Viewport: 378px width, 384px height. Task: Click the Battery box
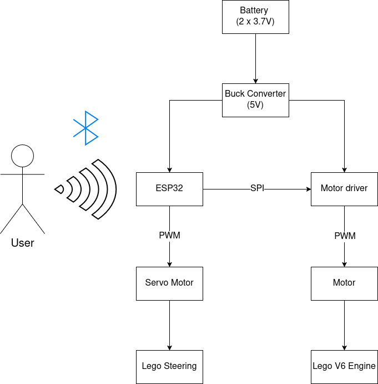255,17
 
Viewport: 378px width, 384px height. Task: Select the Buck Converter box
255,100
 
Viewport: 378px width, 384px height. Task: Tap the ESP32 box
169,188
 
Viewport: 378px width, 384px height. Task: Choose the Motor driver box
344,188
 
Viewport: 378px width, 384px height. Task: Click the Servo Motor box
169,283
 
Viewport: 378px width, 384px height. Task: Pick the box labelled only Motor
344,283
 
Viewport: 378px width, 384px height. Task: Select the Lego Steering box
169,366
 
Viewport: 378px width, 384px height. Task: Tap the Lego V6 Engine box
344,366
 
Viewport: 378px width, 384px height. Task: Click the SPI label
257,188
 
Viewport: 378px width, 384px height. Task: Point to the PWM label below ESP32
169,236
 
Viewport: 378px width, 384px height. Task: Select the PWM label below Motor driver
345,236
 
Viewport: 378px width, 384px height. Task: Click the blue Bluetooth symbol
86,128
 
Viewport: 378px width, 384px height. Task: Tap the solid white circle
23,156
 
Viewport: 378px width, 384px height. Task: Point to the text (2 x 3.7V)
255,22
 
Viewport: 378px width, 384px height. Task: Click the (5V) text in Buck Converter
255,105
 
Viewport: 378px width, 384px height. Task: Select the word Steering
180,366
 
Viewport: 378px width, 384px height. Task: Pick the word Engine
362,366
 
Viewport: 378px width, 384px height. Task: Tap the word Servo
156,283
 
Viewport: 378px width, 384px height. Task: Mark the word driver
356,188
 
